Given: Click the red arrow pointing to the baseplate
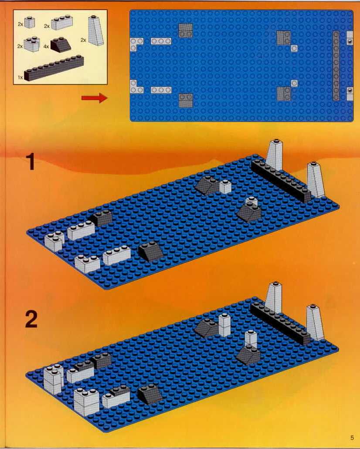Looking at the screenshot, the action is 94,98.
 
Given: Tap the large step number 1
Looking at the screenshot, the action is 31,162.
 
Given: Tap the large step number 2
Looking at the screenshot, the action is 31,319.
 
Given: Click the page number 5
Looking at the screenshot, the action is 352,438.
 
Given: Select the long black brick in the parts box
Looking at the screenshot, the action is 54,68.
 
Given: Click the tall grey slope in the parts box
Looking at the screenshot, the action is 96,30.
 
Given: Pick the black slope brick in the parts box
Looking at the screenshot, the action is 61,45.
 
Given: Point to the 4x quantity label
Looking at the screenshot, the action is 46,47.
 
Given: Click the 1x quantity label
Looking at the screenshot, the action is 20,78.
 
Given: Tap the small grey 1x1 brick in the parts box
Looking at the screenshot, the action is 30,22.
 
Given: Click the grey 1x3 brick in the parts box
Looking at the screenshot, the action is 62,22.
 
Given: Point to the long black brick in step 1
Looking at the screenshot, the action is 281,180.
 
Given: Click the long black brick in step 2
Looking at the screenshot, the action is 280,324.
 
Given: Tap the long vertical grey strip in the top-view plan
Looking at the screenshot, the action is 336,66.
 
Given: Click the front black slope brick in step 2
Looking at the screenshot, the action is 149,394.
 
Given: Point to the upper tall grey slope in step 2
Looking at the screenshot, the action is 273,298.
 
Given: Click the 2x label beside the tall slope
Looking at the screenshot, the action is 83,40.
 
